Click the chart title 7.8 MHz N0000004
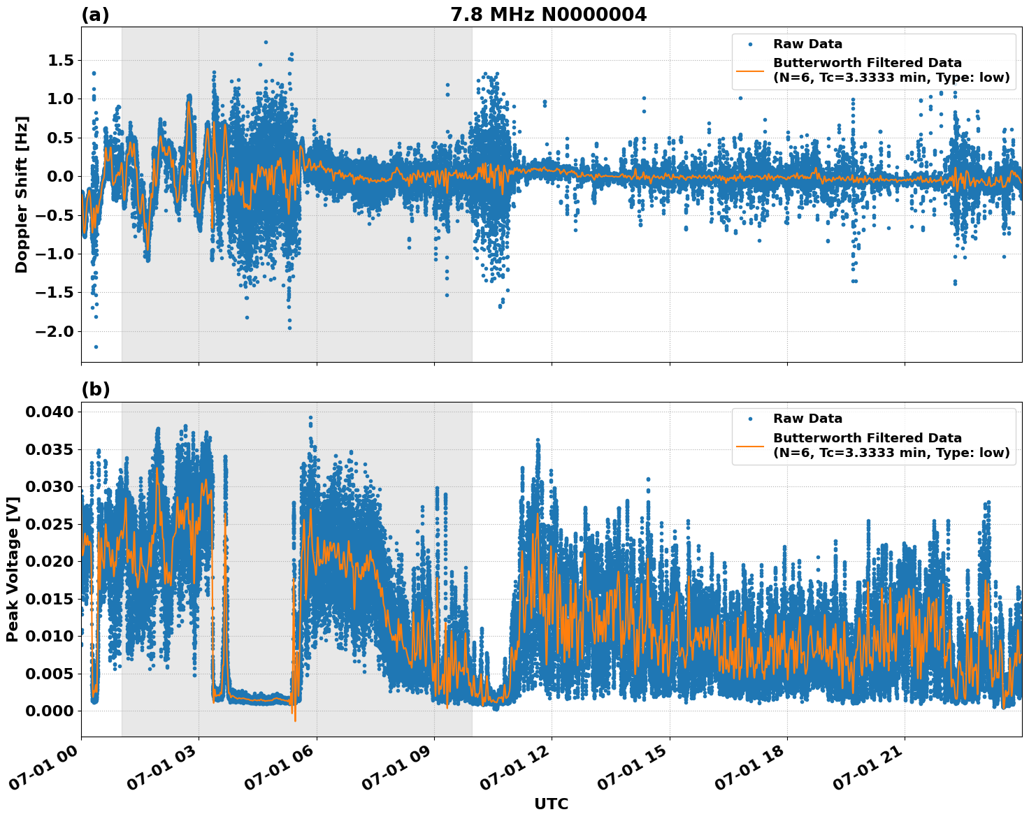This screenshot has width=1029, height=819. coord(548,15)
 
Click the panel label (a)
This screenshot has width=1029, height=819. coord(95,15)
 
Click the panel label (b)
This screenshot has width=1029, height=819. coord(95,389)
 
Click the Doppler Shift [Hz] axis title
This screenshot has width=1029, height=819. coord(22,194)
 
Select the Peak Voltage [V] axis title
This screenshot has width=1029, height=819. coord(12,569)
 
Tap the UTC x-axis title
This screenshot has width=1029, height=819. coord(551,804)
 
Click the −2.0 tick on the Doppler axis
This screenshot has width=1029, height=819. coord(56,331)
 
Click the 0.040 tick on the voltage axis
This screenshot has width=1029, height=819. coord(49,412)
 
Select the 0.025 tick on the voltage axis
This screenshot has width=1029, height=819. coord(49,524)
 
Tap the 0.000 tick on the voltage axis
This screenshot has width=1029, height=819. coord(49,711)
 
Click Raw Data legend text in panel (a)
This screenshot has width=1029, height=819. coord(807,44)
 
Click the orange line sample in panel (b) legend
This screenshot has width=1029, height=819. coord(750,445)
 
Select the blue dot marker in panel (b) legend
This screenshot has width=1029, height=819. coord(750,419)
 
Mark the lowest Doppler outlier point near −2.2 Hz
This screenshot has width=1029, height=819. coord(96,347)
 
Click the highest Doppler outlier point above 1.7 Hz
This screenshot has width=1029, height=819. coord(266,42)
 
